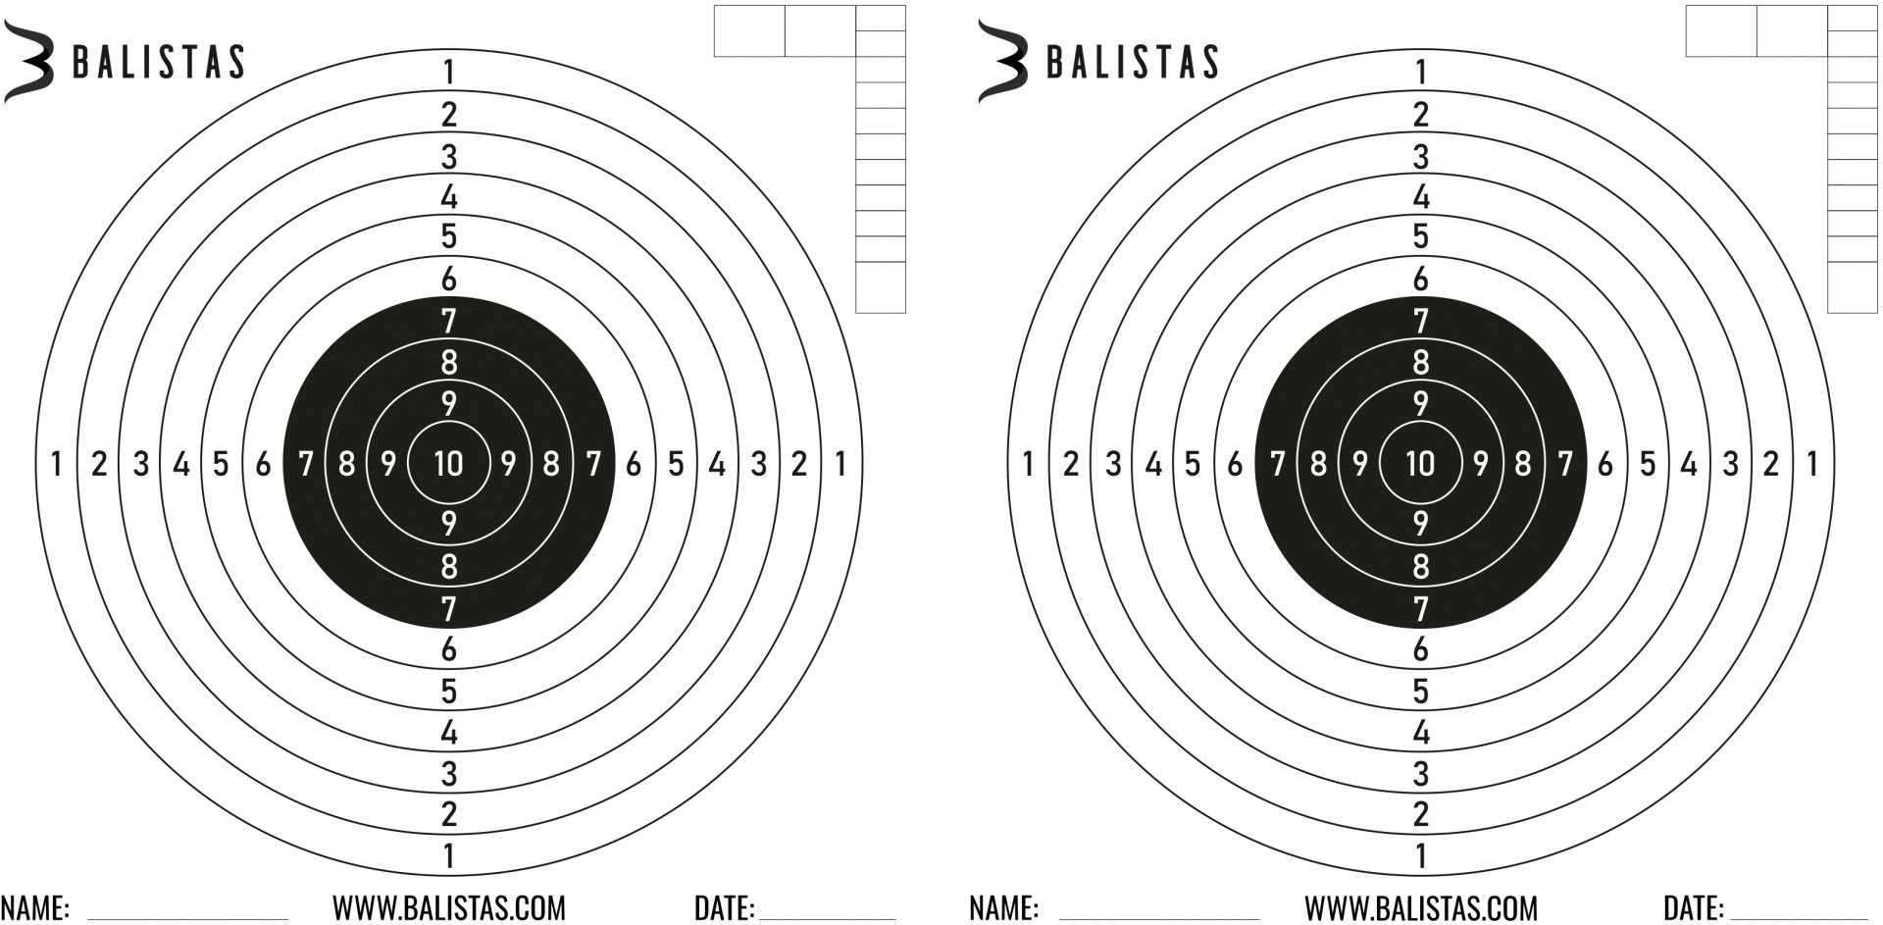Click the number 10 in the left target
coord(448,463)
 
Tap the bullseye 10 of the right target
coord(1420,463)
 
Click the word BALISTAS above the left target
coord(158,62)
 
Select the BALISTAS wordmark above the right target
coord(1132,62)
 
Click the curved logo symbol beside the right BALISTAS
coord(1001,62)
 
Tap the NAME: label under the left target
coord(34,908)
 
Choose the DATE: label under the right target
coord(1693,908)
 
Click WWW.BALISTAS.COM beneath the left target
coord(449,908)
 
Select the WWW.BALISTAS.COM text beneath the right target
coord(1421,908)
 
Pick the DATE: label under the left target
coord(724,908)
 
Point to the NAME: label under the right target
coord(1004,908)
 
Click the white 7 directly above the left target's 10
coord(448,321)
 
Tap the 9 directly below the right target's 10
coord(1420,523)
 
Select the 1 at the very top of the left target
coord(448,73)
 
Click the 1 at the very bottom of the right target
coord(1420,856)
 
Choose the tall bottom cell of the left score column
coord(880,287)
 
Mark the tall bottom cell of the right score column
coord(1853,287)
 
